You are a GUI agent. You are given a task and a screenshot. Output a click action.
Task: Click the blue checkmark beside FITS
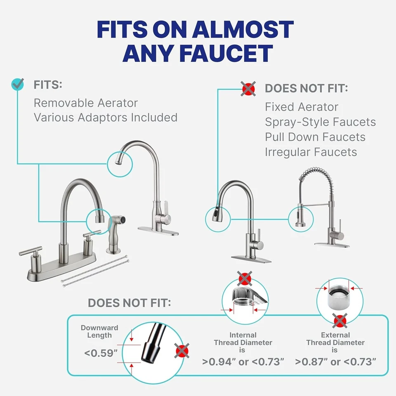pyautogui.click(x=17, y=85)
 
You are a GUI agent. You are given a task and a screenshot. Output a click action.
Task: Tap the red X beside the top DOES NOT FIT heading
pyautogui.click(x=247, y=88)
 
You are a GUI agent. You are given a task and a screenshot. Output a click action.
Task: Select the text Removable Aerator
pyautogui.click(x=85, y=103)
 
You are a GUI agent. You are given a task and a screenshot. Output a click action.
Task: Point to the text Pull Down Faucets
pyautogui.click(x=315, y=137)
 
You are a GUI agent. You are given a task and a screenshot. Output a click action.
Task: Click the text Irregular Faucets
pyautogui.click(x=311, y=152)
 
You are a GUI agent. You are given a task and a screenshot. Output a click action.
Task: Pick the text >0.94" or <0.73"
pyautogui.click(x=243, y=362)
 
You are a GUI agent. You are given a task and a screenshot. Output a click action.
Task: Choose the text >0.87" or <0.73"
pyautogui.click(x=335, y=362)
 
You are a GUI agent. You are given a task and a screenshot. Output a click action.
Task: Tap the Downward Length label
pyautogui.click(x=99, y=331)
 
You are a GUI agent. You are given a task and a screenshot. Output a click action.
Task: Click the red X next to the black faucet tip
pyautogui.click(x=182, y=351)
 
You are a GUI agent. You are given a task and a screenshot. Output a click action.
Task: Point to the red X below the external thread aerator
pyautogui.click(x=339, y=321)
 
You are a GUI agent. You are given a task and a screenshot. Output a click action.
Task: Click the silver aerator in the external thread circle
pyautogui.click(x=337, y=297)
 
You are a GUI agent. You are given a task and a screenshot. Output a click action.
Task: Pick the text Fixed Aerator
pyautogui.click(x=302, y=107)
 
